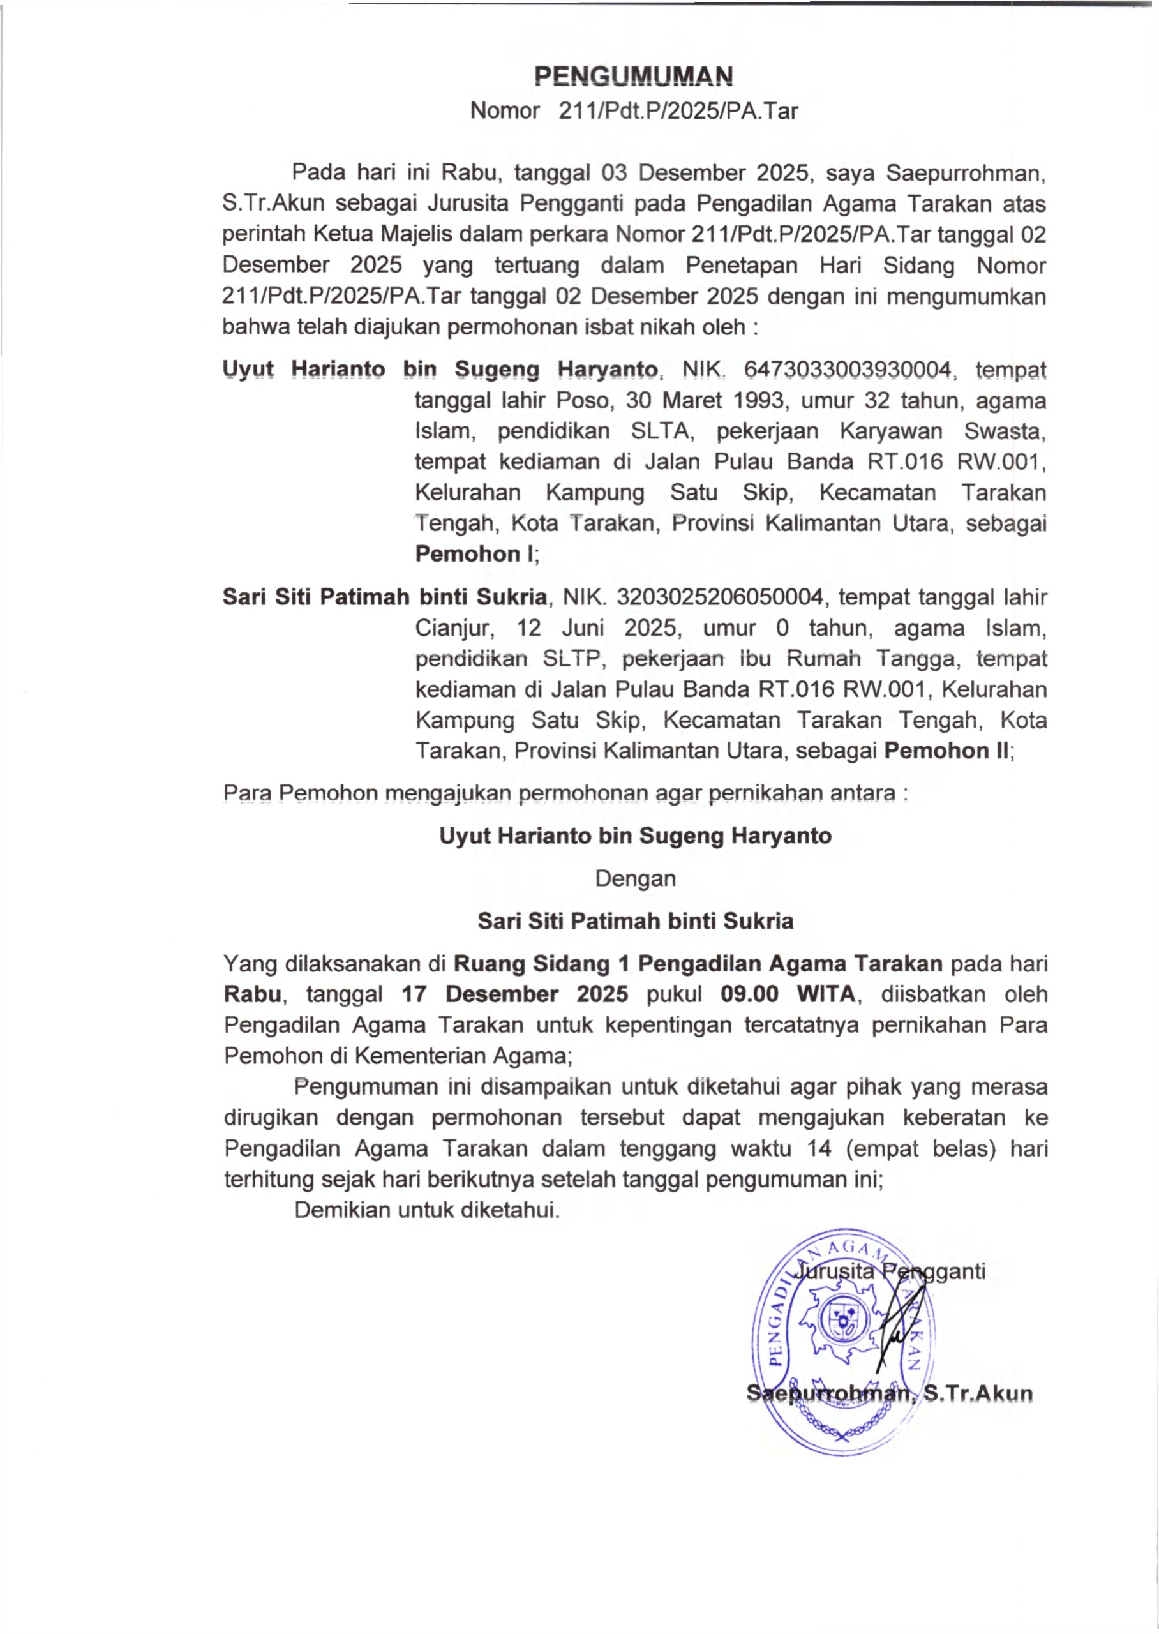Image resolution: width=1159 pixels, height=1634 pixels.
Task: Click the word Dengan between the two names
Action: point(635,878)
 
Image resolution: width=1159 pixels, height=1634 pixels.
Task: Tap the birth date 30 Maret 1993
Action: point(707,400)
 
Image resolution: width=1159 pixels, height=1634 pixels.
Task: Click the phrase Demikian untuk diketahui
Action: point(427,1210)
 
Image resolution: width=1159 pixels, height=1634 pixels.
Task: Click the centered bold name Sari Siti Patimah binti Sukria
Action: point(635,921)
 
